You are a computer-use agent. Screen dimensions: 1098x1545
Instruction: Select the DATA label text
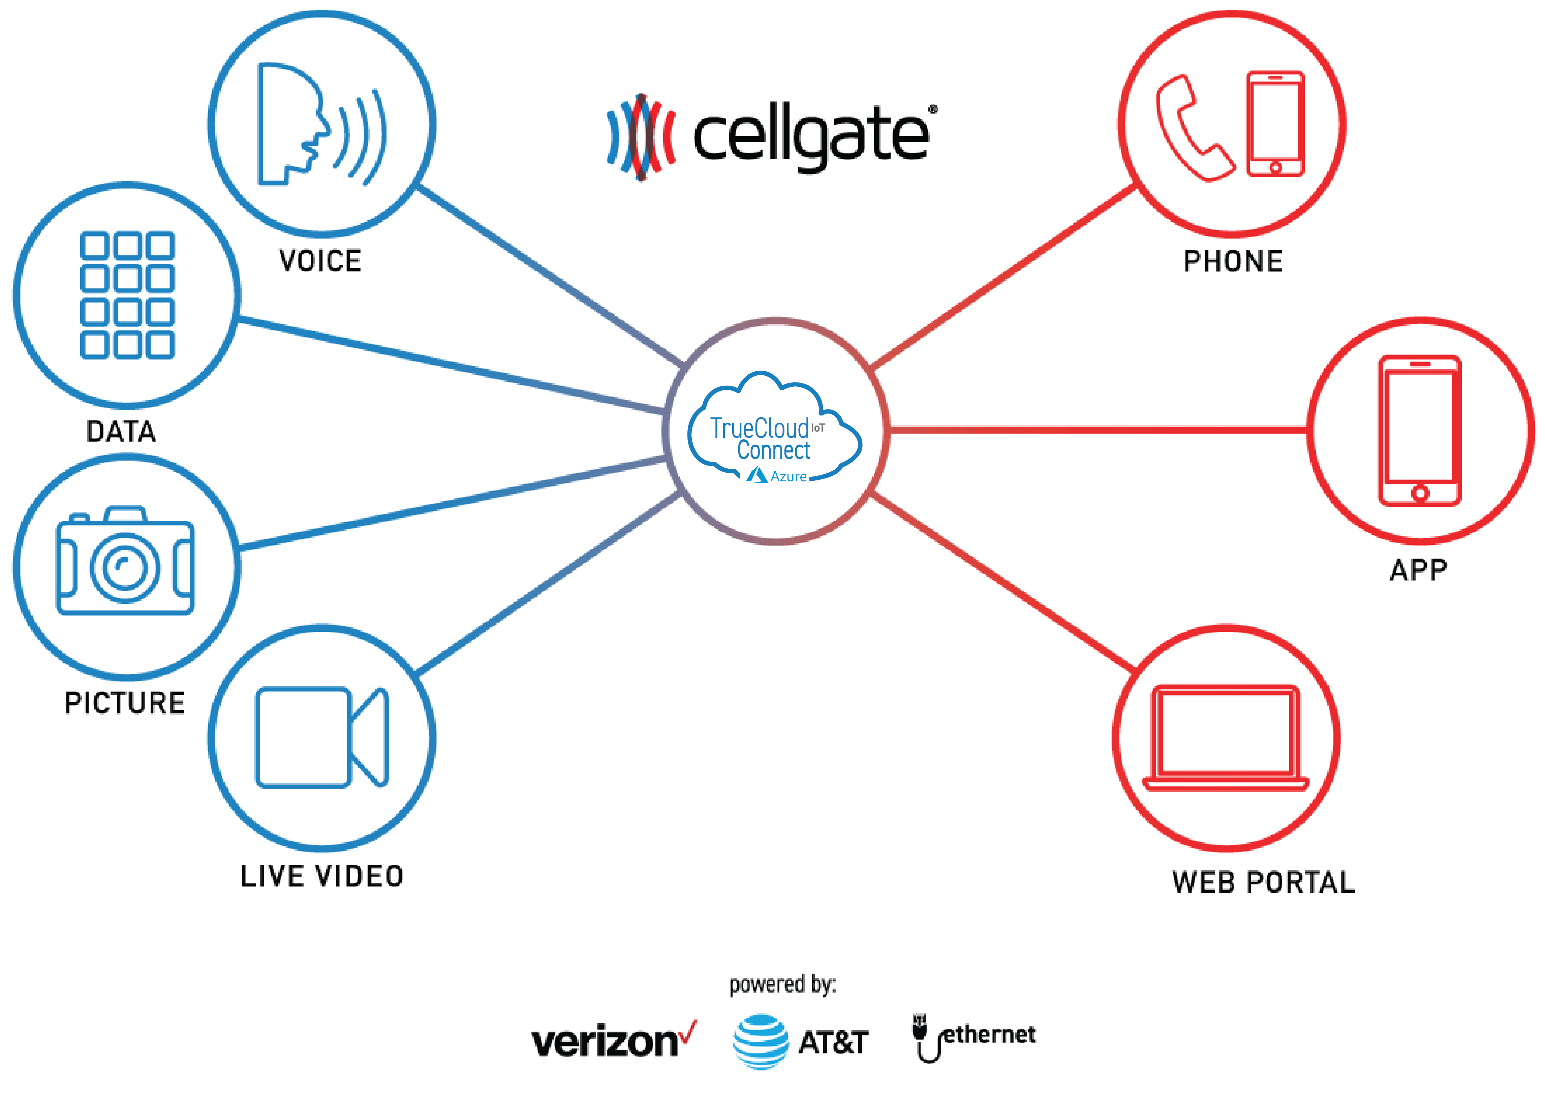[121, 431]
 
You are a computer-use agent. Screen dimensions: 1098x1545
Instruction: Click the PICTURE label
[125, 703]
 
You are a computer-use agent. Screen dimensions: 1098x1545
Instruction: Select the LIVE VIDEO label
[322, 876]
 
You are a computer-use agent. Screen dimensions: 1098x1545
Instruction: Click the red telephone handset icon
[1194, 128]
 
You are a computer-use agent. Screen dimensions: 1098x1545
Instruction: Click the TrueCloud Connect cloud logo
[774, 429]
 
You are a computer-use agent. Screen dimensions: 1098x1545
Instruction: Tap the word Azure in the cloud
[789, 477]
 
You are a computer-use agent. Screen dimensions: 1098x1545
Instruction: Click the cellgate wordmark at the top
[811, 135]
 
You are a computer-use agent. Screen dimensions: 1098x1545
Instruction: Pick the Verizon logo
[612, 1041]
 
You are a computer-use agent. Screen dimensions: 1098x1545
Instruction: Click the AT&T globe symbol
[760, 1041]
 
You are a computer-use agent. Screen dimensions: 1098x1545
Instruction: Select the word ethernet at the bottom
[989, 1034]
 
